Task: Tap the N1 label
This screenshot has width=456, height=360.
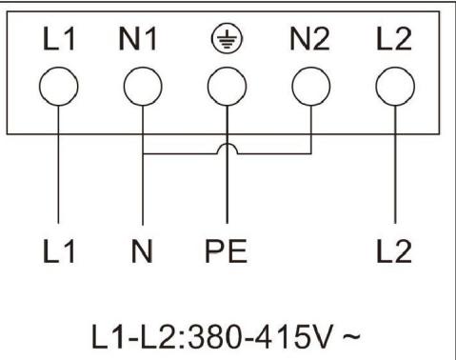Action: click(x=140, y=41)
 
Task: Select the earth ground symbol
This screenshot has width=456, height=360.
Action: click(x=226, y=40)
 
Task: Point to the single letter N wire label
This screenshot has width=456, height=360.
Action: click(x=141, y=252)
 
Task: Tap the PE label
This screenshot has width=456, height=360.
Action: click(x=226, y=252)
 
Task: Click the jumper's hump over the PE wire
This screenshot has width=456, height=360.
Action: click(x=226, y=147)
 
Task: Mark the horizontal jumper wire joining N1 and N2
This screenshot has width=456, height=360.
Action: click(x=181, y=152)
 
